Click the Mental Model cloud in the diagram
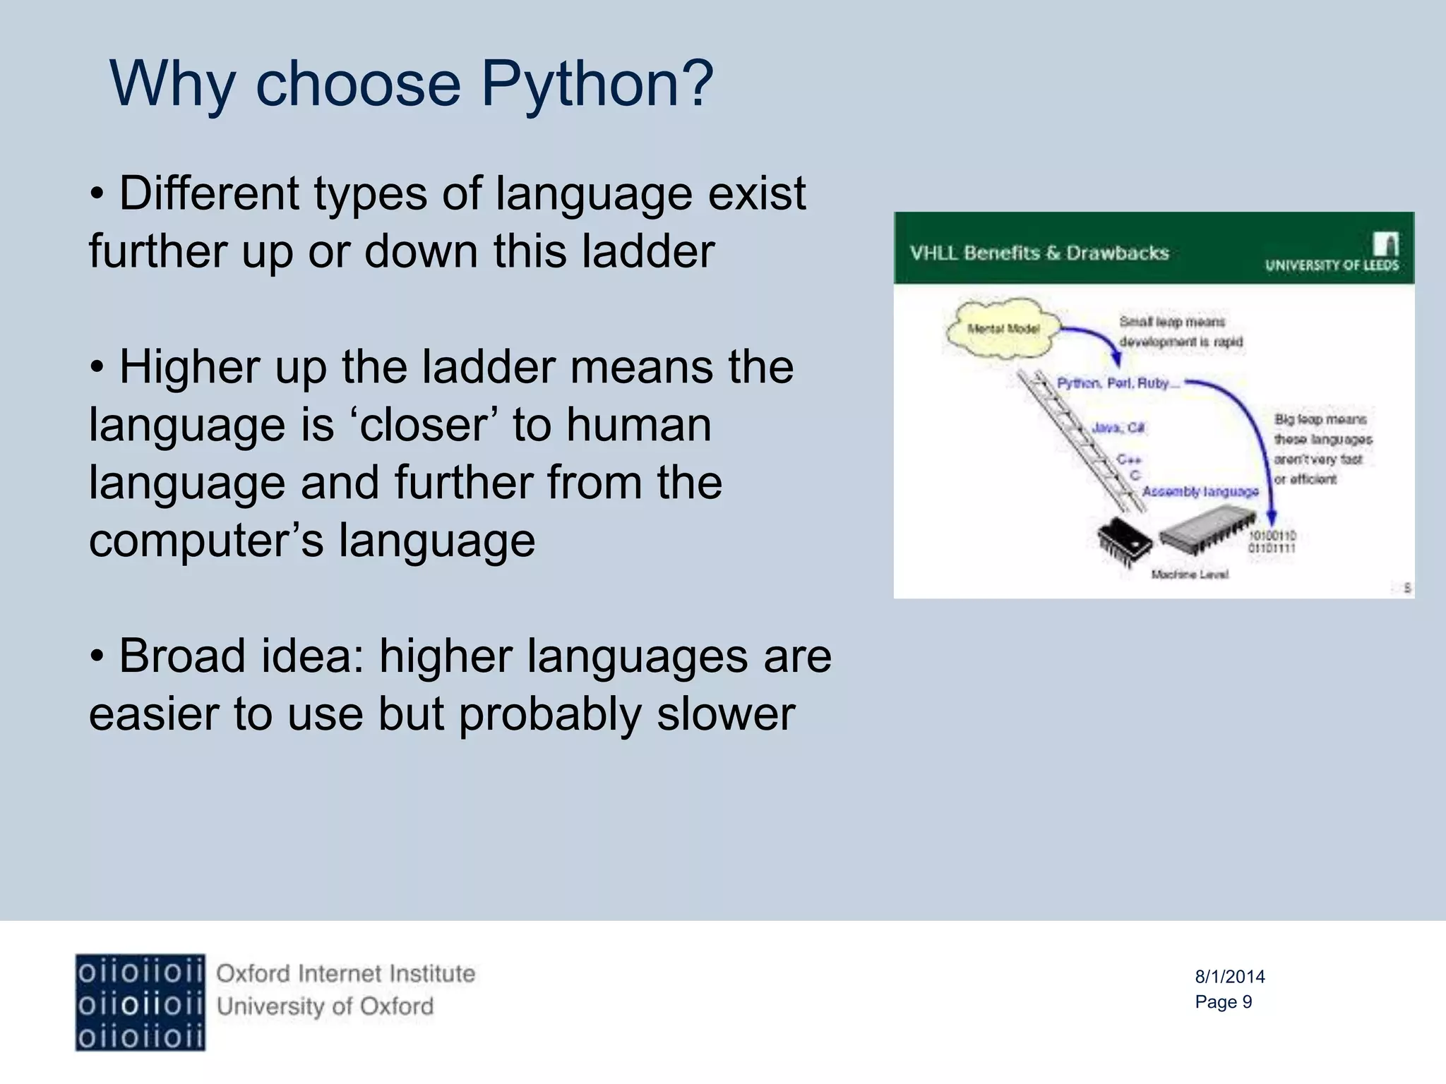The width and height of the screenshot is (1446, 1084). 1003,329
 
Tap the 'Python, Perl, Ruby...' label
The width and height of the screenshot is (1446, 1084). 1117,383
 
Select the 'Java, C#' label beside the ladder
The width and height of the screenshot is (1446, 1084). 1118,428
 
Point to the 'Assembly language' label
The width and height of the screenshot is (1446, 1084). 1200,491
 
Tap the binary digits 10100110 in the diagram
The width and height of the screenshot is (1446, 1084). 1272,536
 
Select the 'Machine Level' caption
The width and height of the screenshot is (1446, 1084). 1190,574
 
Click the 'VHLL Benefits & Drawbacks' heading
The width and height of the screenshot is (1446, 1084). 1039,253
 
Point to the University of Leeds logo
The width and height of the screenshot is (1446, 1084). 1332,254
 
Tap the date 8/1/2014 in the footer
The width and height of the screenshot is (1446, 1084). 1229,977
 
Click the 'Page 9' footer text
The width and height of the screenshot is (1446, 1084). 1223,1002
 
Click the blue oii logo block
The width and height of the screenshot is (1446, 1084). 140,1002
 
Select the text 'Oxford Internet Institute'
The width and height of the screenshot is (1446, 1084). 345,974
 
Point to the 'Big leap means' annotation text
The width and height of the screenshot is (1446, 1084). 1320,419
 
